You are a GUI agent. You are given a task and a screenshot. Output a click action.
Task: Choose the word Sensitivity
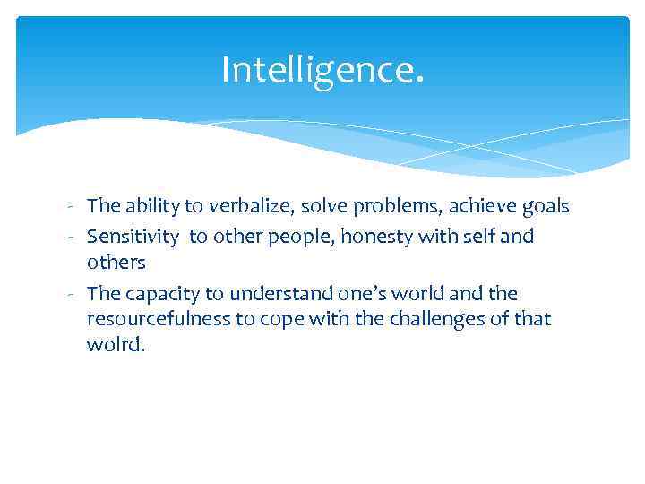pos(133,237)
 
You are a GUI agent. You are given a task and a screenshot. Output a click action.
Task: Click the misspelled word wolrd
pos(115,344)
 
